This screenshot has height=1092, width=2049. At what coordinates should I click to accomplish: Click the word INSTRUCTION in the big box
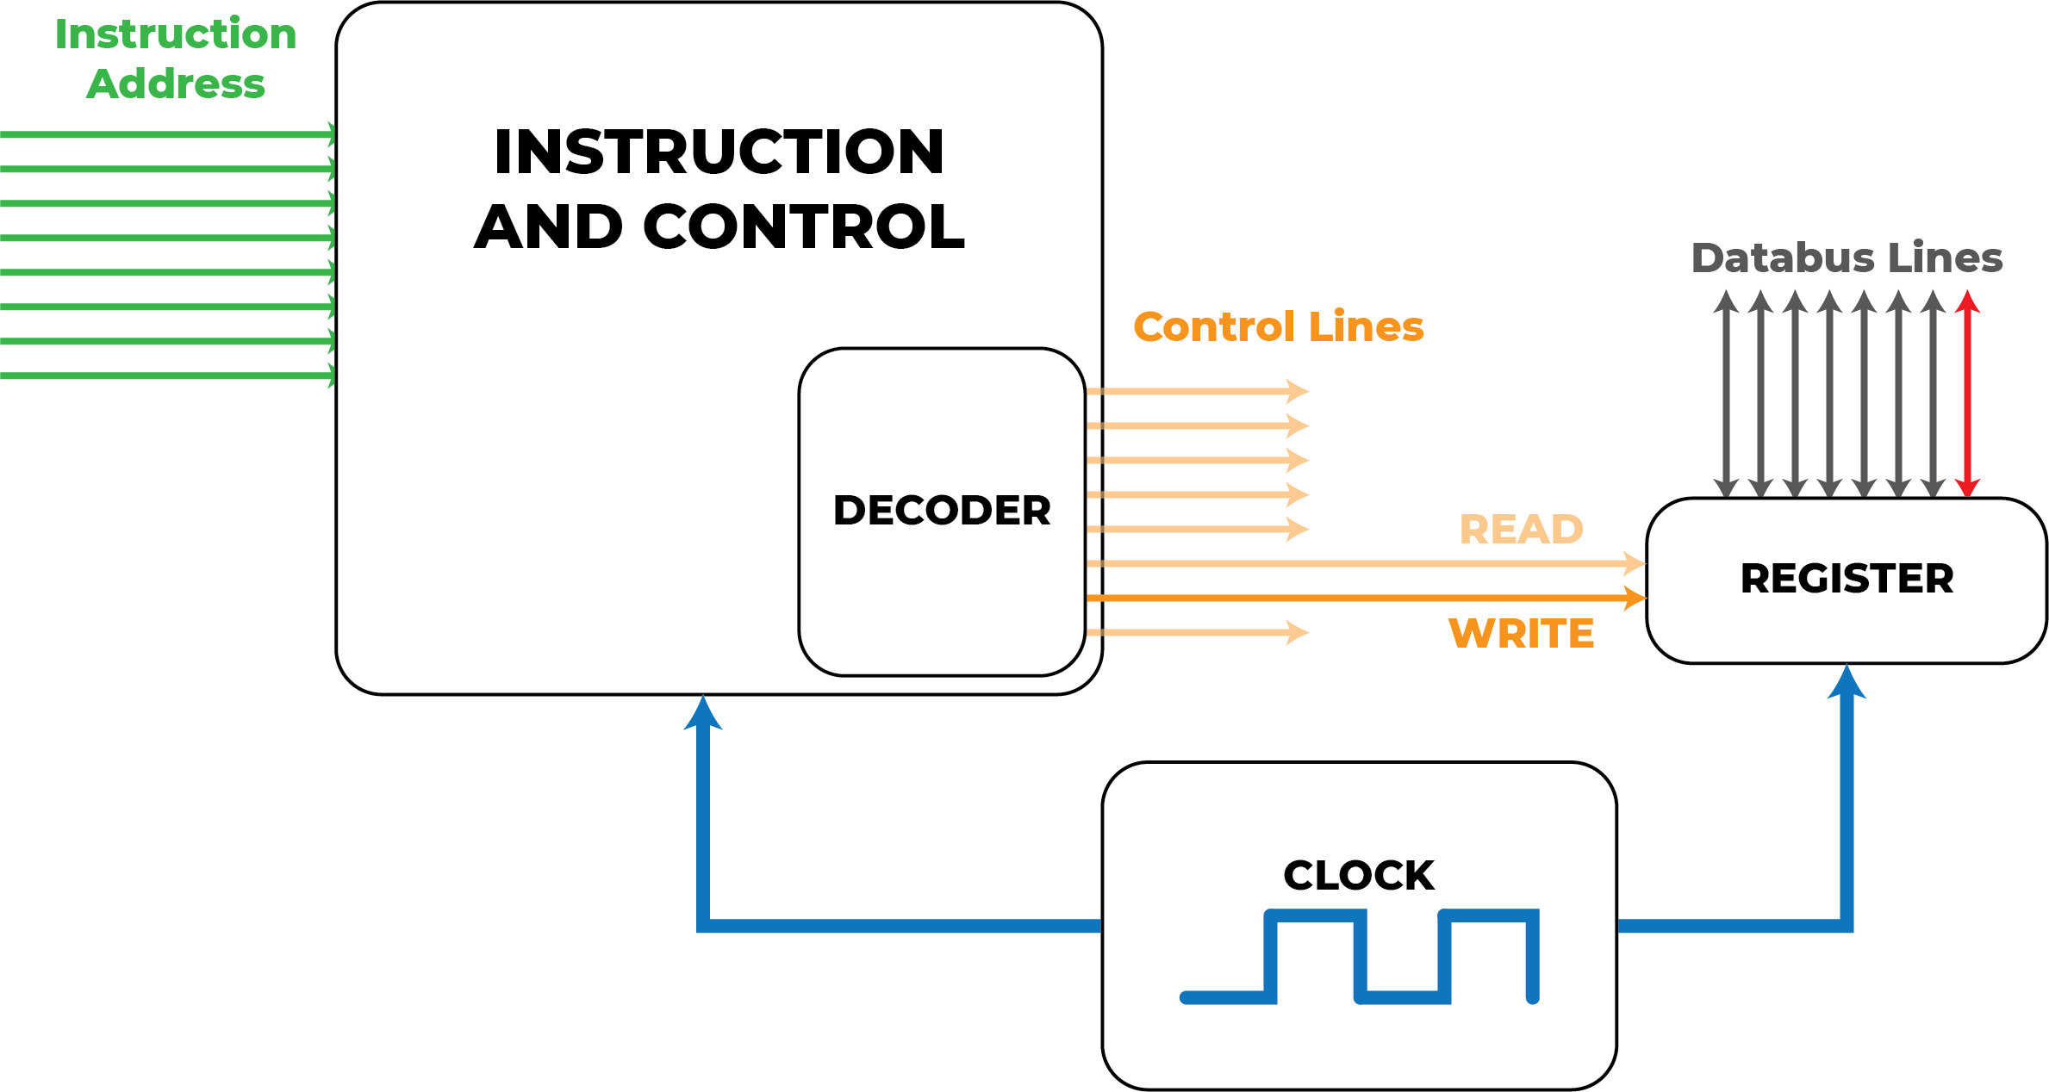pos(719,152)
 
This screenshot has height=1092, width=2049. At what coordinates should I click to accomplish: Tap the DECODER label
pos(942,511)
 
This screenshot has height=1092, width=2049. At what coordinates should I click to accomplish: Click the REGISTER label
pos(1847,579)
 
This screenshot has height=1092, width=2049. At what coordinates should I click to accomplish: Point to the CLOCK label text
pos(1359,876)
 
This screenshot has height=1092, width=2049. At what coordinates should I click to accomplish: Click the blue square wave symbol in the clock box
pos(1360,956)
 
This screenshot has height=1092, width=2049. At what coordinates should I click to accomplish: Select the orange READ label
pos(1521,530)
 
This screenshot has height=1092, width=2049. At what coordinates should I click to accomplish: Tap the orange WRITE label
pos(1521,634)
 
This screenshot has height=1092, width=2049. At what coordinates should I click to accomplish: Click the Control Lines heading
pos(1279,327)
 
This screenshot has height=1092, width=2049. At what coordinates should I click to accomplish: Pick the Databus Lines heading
pos(1847,258)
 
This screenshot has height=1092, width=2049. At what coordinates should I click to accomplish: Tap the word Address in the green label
pos(176,84)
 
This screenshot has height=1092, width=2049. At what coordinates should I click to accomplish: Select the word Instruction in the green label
pos(176,34)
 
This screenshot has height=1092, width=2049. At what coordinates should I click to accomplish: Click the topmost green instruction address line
pos(164,134)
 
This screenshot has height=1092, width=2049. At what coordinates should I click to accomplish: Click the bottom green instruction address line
pos(164,375)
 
